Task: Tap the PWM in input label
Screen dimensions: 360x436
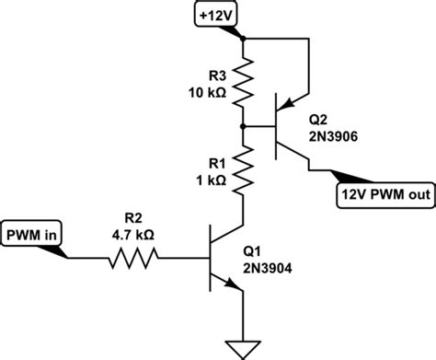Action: click(32, 234)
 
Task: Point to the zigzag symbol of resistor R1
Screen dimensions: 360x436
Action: click(244, 169)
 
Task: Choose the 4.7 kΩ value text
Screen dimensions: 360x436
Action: click(133, 235)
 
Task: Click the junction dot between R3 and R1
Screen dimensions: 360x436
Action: click(244, 125)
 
